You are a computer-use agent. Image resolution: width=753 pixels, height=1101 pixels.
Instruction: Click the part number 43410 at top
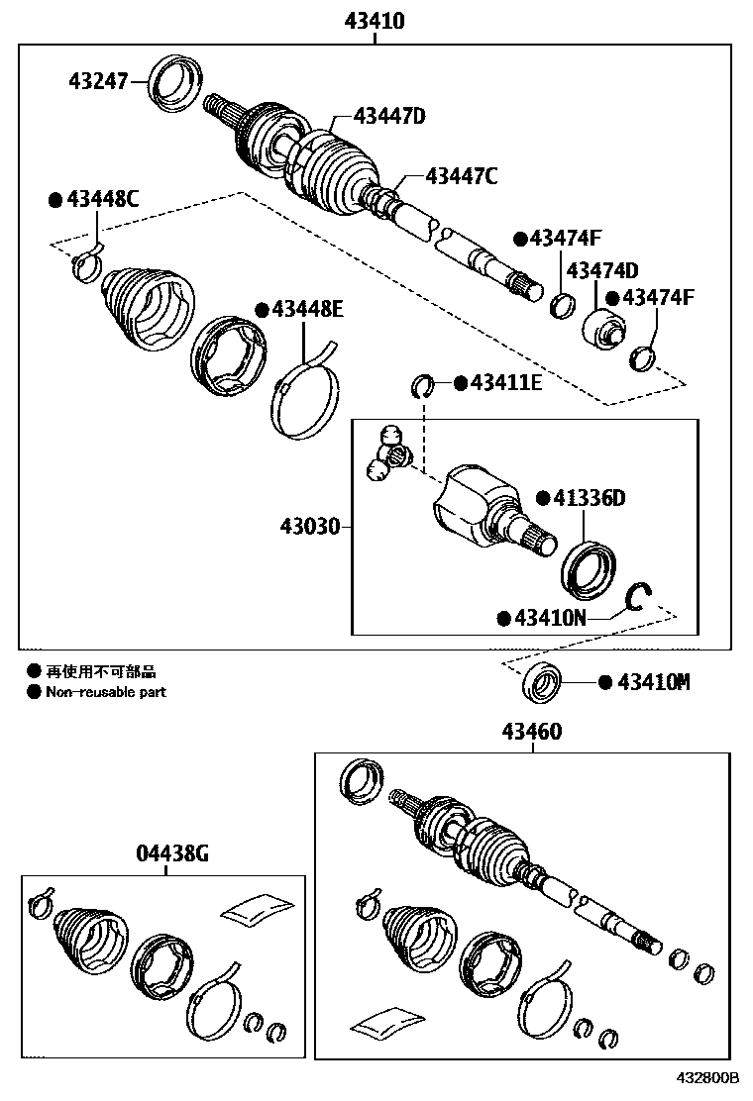(374, 20)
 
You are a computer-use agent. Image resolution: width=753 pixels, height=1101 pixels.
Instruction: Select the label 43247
(98, 81)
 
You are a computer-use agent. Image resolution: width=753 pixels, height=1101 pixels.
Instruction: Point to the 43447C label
(461, 176)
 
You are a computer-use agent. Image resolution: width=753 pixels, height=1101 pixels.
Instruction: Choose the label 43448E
(307, 309)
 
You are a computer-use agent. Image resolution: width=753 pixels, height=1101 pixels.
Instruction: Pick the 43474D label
(601, 270)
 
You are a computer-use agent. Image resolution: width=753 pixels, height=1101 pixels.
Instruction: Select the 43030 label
(310, 526)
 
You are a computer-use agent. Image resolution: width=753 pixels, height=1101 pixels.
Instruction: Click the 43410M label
(653, 682)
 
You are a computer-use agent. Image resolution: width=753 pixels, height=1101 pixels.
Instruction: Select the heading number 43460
(531, 732)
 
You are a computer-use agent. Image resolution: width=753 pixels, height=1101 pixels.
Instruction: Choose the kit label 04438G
(172, 853)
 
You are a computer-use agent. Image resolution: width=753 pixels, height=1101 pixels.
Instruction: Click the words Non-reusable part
(106, 692)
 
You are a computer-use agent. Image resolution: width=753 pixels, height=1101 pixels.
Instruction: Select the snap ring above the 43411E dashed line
(423, 383)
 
